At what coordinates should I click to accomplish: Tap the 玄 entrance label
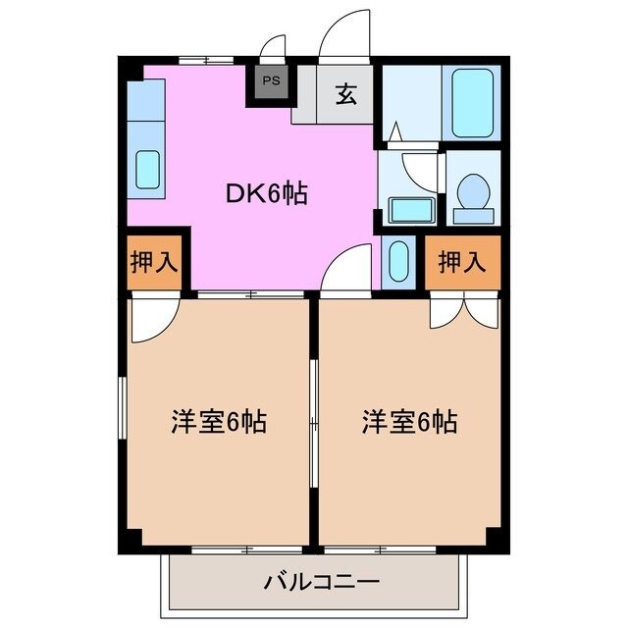click(345, 94)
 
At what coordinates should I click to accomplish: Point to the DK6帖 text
click(267, 194)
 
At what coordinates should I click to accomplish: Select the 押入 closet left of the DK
click(154, 262)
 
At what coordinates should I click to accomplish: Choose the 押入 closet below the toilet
click(462, 262)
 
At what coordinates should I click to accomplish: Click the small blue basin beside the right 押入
click(398, 261)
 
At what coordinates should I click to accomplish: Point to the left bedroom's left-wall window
click(122, 412)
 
